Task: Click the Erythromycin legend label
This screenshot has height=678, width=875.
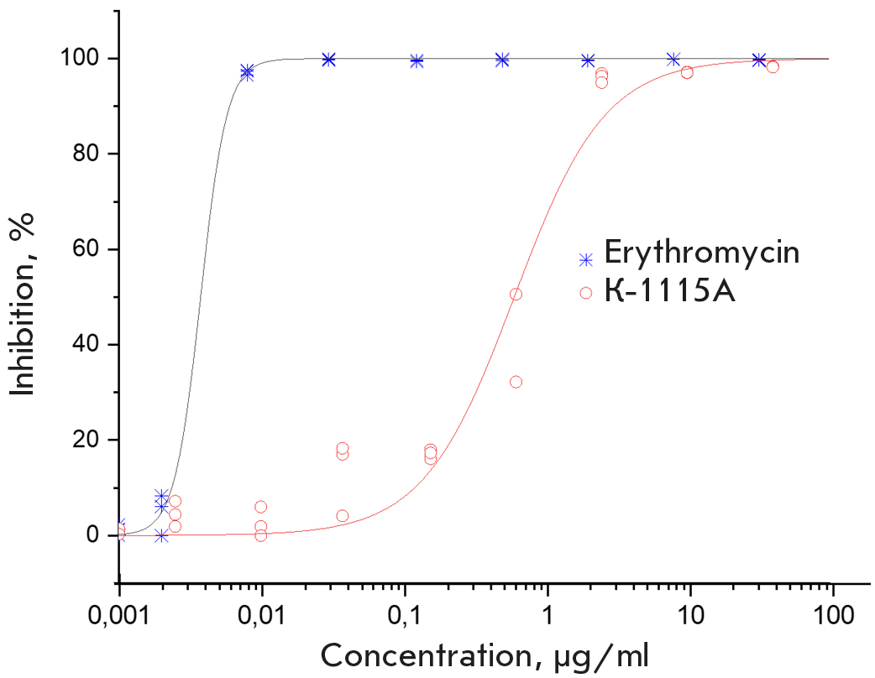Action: pos(701,253)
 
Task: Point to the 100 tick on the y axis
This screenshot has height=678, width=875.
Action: pos(86,59)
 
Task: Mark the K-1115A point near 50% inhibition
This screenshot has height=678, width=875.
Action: pos(516,295)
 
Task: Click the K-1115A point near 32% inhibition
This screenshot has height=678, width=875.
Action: pos(516,382)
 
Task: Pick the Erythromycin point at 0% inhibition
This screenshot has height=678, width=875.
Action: pos(161,535)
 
